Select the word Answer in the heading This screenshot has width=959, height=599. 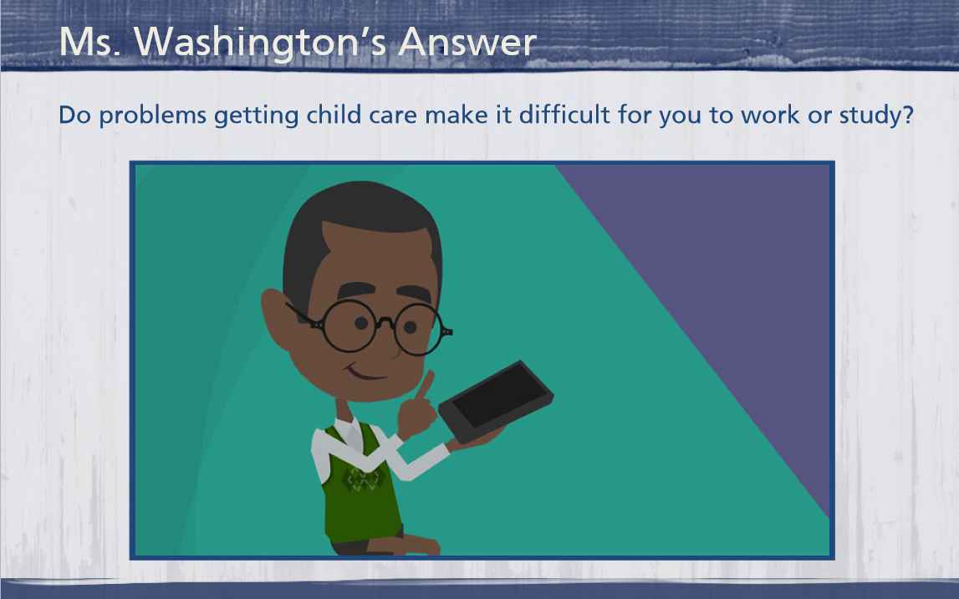pos(468,42)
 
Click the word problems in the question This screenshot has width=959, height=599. pos(153,115)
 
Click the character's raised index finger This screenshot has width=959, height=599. pos(425,385)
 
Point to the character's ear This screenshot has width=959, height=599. pos(278,318)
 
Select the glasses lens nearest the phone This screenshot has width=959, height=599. pos(419,329)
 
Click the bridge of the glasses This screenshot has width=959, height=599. pos(385,322)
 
